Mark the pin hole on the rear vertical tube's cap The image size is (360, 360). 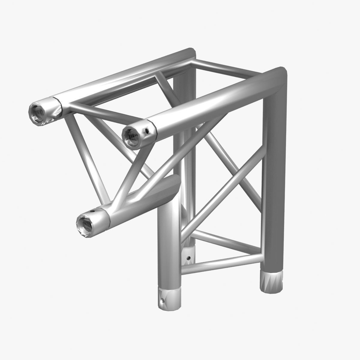tap(188, 257)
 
